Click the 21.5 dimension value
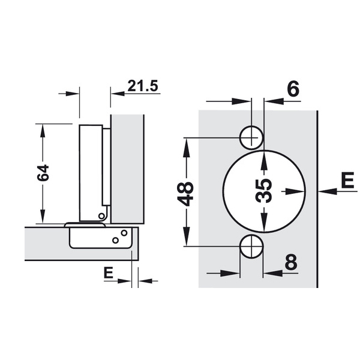pos(142,86)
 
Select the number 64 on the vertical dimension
pos(43,174)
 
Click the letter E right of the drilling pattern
pos(347,179)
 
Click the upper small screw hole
pos(251,137)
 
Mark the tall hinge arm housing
pos(92,171)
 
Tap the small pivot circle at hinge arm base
pos(101,215)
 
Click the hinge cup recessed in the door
pos(100,237)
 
